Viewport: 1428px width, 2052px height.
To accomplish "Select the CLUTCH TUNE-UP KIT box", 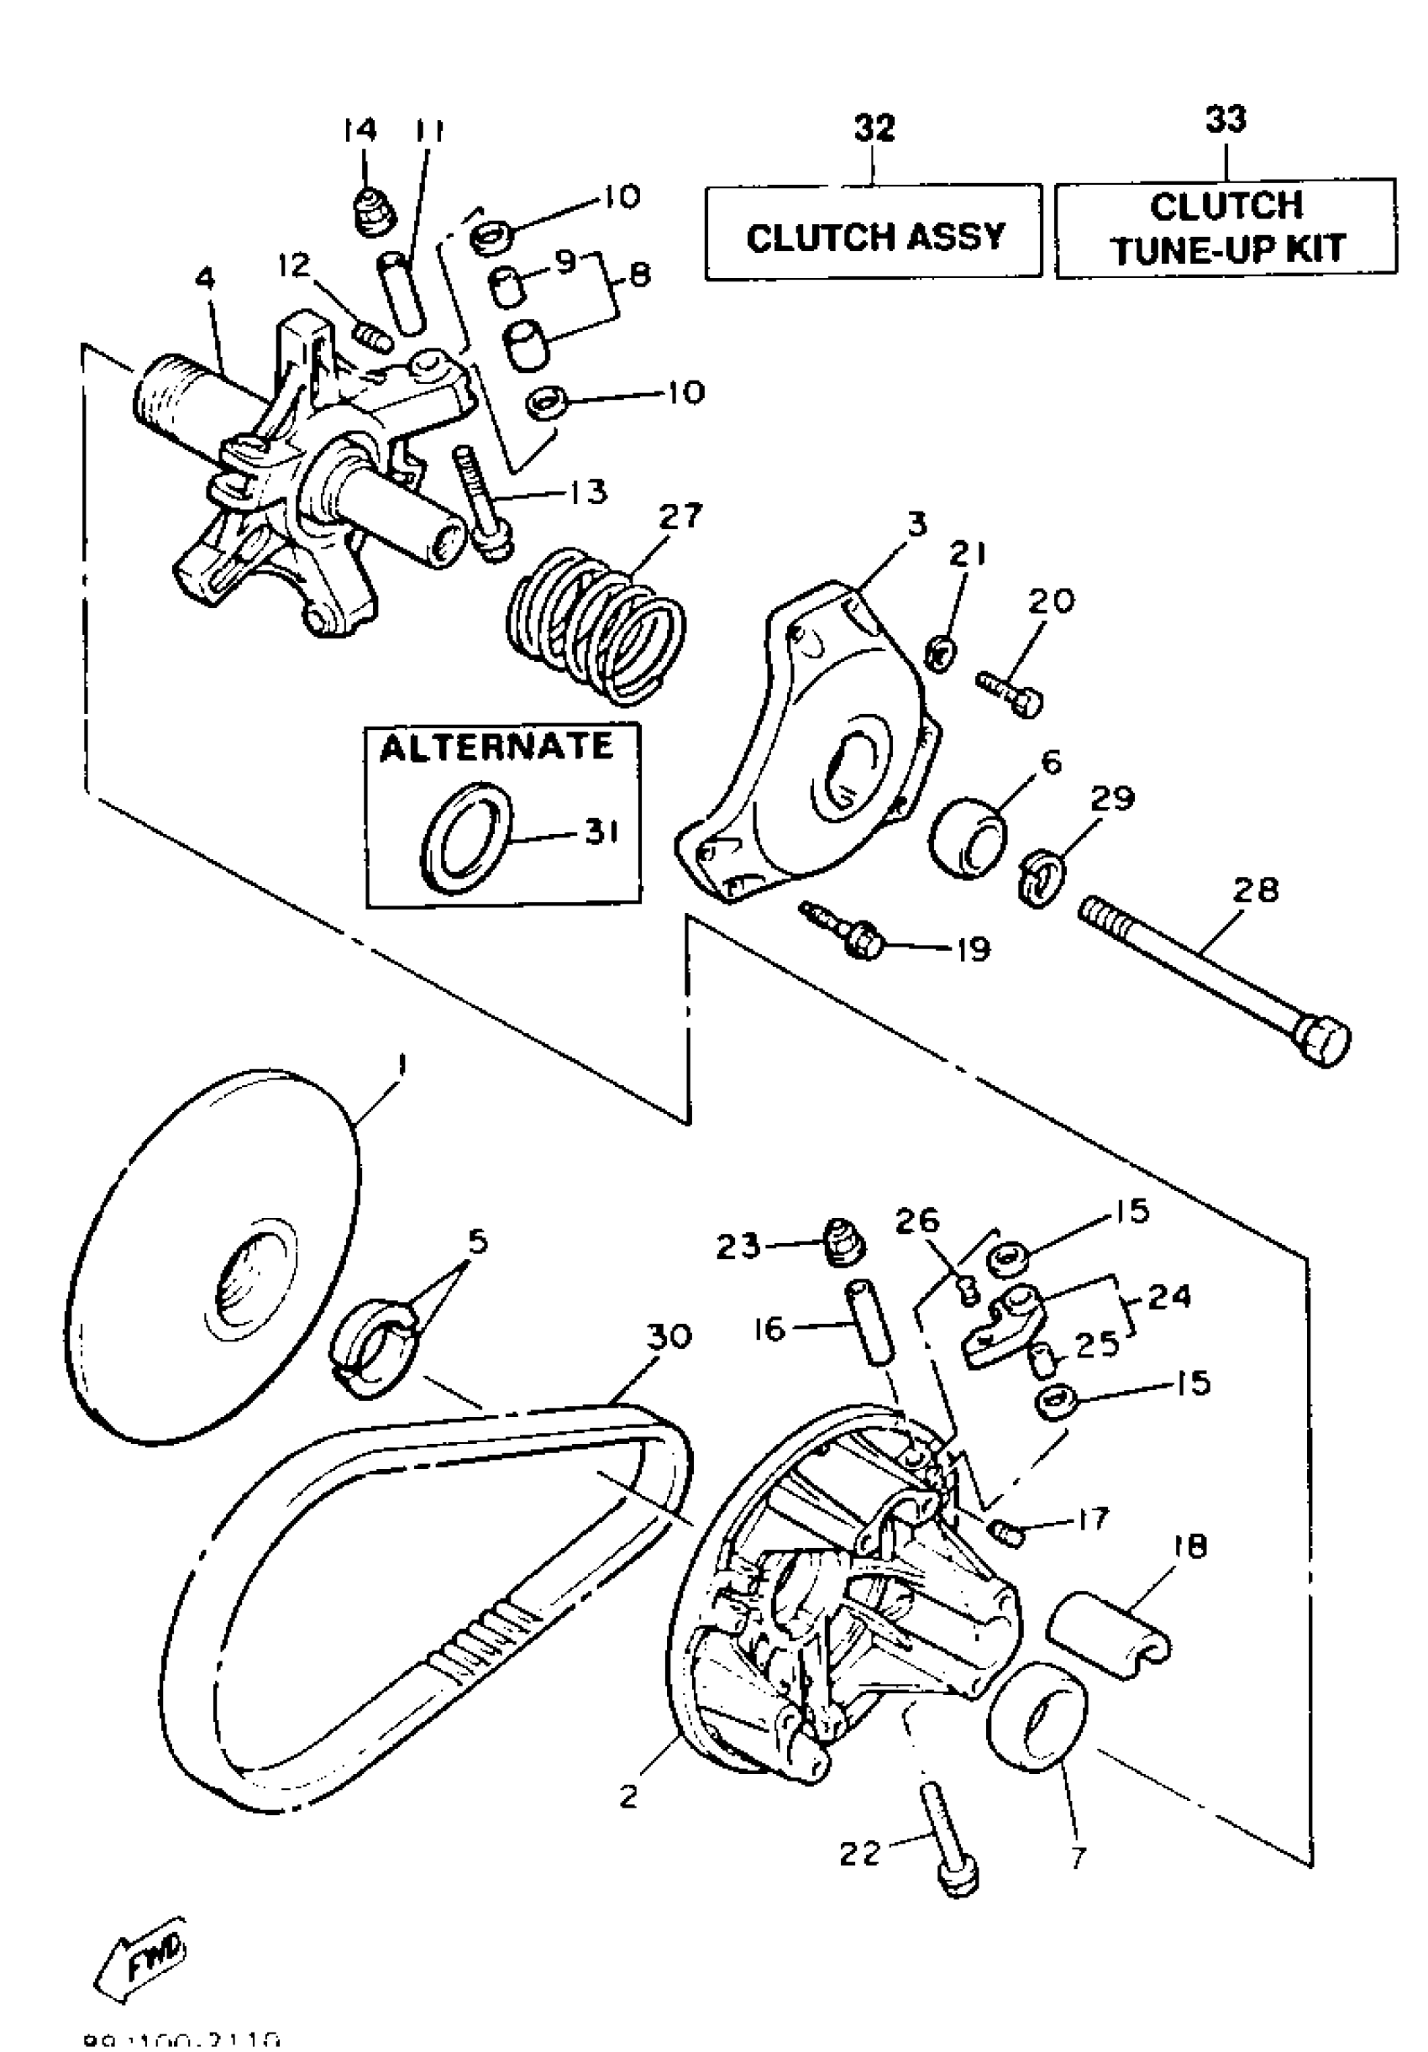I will (1226, 228).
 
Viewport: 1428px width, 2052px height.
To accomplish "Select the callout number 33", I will (1226, 119).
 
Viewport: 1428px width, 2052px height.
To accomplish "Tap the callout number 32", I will (874, 128).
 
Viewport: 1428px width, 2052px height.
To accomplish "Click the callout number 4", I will (205, 279).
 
